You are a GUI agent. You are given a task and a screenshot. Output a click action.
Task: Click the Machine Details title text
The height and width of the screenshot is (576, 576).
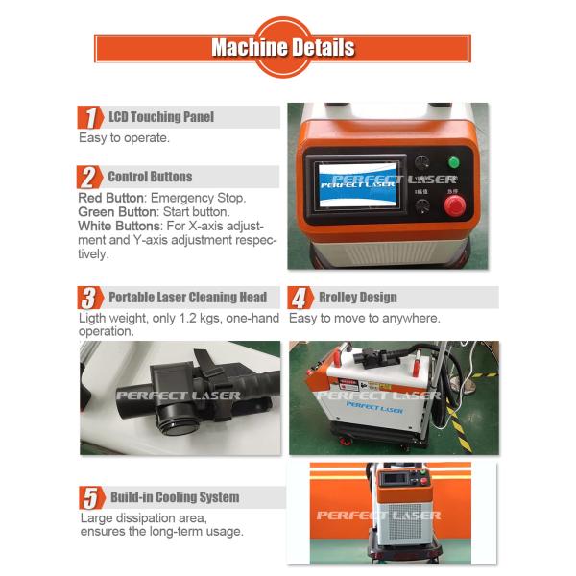tap(283, 47)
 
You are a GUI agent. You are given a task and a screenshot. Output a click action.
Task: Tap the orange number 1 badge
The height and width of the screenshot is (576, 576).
tap(89, 117)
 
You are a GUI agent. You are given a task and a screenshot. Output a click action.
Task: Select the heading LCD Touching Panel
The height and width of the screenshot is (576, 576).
tap(161, 117)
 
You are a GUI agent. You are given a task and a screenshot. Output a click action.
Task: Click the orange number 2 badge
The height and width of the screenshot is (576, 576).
tap(89, 177)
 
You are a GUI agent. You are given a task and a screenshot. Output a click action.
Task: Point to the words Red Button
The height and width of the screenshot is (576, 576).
tap(110, 198)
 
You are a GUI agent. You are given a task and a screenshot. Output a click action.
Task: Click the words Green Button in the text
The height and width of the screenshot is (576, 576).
tap(117, 212)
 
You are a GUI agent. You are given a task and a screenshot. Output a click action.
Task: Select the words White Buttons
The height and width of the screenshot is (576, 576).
tap(119, 226)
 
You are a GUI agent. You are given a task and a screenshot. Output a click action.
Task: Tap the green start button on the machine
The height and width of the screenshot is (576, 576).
tap(454, 162)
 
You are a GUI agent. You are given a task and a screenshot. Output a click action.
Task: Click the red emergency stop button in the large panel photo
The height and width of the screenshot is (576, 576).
tap(455, 205)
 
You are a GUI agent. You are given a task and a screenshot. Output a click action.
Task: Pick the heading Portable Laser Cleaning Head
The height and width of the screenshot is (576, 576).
tap(188, 298)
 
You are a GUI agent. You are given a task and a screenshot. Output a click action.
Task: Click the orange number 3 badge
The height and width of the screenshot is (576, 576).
tap(89, 298)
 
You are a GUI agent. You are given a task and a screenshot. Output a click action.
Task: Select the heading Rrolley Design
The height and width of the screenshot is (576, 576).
tap(358, 298)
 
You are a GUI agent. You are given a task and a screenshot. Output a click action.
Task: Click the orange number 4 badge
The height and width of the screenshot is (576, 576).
tap(300, 298)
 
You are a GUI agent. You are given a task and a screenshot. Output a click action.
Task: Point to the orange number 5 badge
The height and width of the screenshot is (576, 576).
tap(92, 497)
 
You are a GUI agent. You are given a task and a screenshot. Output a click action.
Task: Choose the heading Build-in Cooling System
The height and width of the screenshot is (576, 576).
tap(175, 497)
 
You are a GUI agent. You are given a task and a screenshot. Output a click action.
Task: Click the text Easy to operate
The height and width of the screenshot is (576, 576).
tap(124, 138)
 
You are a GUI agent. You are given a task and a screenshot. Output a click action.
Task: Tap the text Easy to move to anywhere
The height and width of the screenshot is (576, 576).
tap(365, 318)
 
